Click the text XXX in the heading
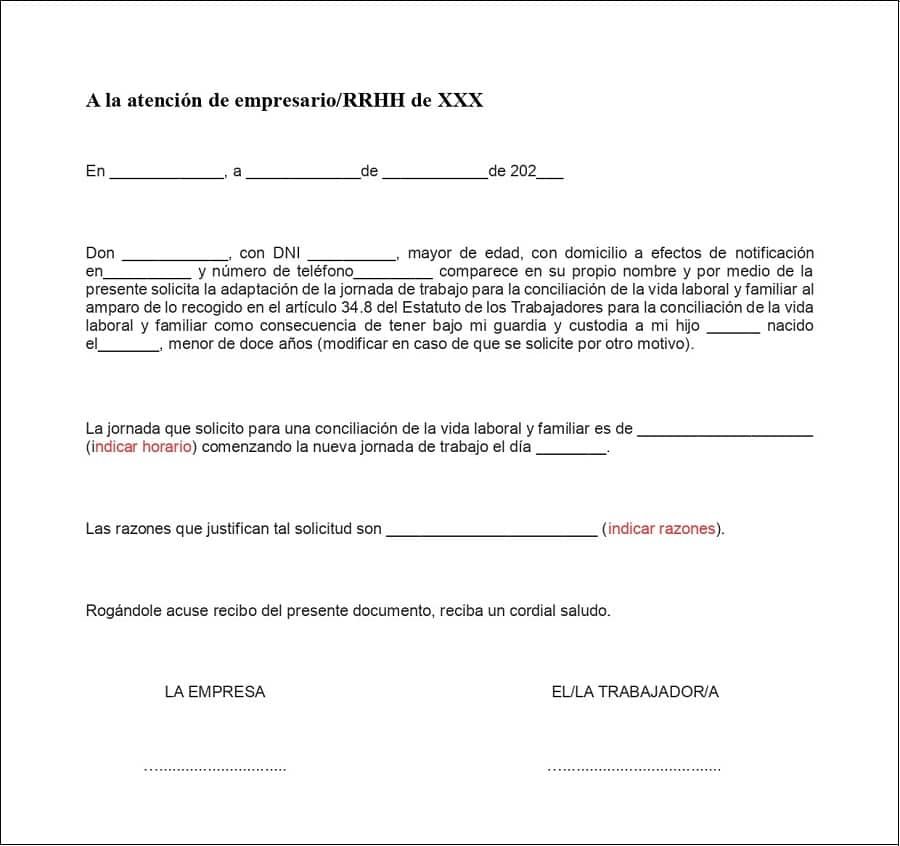coord(460,101)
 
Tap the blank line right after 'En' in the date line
coord(167,172)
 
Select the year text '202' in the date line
coord(524,171)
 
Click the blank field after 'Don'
coord(174,254)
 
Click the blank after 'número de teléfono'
coord(393,272)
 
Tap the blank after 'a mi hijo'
coord(734,326)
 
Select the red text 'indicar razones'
coord(662,529)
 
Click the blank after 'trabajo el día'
coord(571,448)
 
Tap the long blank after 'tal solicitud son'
coord(491,529)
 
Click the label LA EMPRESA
coord(215,692)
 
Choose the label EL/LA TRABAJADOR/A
coord(635,692)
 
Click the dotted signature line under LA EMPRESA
coord(215,768)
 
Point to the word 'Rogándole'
coord(121,610)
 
